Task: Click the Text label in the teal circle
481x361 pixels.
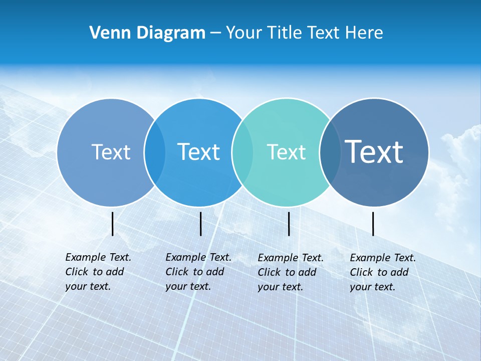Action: click(286, 152)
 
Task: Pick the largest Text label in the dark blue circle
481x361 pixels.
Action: click(374, 151)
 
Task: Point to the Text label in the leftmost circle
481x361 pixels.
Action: click(111, 152)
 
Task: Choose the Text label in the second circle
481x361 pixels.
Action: click(199, 152)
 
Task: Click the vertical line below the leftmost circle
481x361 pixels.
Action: click(113, 224)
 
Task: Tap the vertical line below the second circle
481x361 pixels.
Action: click(200, 224)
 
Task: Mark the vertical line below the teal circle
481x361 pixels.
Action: click(289, 224)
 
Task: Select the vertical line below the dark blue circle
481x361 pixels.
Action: click(373, 224)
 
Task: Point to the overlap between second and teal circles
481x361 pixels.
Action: click(242, 152)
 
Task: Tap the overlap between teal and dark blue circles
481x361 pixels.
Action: click(329, 152)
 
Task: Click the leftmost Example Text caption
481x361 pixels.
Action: click(98, 272)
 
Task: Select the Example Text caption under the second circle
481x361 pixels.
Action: click(198, 272)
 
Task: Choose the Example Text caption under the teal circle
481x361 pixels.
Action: click(290, 272)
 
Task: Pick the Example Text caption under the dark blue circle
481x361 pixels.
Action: click(382, 272)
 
